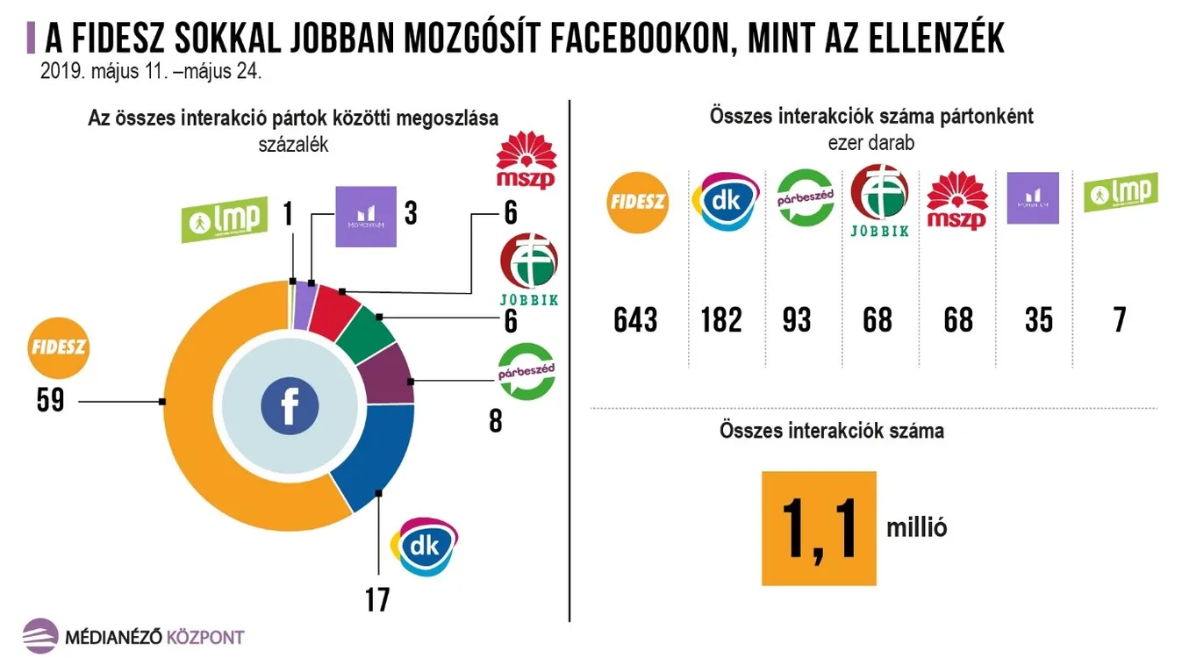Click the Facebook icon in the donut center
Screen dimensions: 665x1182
(290, 406)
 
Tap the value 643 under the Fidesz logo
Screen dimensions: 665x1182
(635, 319)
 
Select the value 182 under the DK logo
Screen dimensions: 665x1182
(721, 319)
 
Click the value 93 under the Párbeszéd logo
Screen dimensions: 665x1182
(796, 319)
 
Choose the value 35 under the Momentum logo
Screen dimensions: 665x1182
(1038, 319)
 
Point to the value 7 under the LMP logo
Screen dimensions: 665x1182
(1120, 319)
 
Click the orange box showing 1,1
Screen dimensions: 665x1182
(819, 528)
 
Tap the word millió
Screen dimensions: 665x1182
(916, 528)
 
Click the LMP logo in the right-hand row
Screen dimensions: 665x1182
(1120, 193)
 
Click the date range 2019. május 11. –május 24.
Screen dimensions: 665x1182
(151, 72)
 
